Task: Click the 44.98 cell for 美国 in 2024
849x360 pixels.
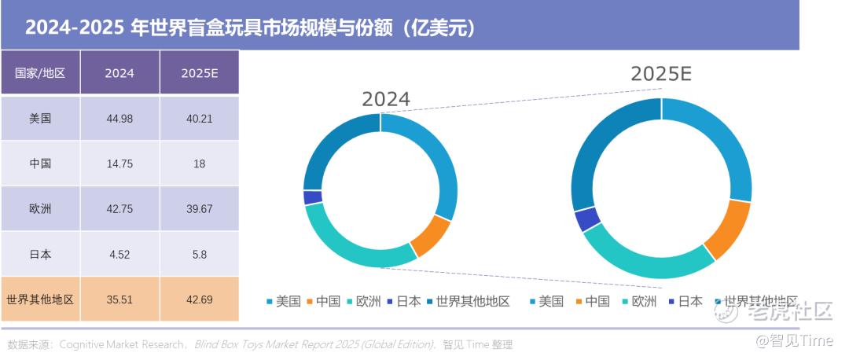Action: point(119,119)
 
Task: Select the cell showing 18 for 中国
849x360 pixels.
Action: point(199,164)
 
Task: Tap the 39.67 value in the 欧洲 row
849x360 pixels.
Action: point(199,209)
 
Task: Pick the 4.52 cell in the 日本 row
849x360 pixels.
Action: point(119,254)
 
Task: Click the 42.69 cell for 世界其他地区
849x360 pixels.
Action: point(199,299)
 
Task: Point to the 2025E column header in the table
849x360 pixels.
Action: point(199,73)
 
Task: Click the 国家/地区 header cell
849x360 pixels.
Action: point(40,73)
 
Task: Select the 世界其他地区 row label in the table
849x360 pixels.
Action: point(40,299)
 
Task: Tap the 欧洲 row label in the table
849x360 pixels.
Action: point(40,209)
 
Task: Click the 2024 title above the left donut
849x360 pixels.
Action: point(385,99)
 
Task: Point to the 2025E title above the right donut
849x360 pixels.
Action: point(660,75)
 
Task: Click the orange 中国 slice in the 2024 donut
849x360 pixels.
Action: point(431,237)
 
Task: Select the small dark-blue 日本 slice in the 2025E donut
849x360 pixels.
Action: point(587,219)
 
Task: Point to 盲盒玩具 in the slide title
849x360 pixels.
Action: point(235,28)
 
